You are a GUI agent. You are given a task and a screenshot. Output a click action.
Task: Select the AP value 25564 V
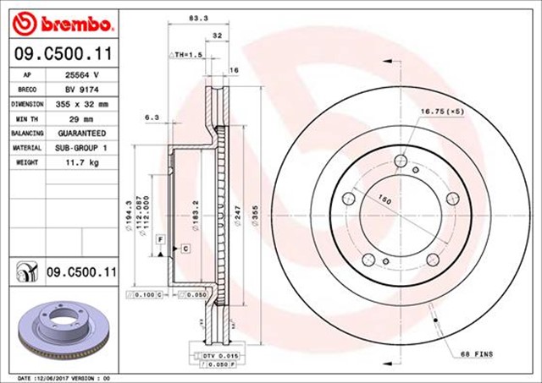[82, 74]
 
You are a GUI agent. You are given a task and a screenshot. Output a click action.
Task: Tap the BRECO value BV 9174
[82, 89]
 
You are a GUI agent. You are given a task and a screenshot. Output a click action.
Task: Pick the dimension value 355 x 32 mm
[82, 104]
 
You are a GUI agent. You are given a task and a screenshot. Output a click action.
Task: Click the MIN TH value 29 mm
[82, 118]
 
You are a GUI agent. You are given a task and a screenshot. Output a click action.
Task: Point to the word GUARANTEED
[82, 134]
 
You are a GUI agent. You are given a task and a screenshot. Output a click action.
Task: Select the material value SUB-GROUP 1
[82, 148]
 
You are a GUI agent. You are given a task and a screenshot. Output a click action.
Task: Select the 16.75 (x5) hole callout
[443, 110]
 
